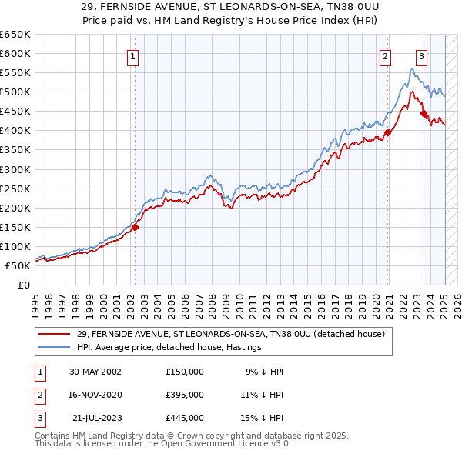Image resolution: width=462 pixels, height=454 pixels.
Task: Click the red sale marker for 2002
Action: click(136, 227)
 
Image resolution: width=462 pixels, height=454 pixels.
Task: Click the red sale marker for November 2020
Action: click(388, 132)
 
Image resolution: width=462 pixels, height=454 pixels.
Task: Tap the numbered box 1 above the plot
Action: click(133, 55)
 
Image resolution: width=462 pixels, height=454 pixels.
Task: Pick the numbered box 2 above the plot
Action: click(385, 55)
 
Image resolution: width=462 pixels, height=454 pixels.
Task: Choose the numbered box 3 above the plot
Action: click(422, 55)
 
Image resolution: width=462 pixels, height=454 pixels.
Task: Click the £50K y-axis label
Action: click(18, 265)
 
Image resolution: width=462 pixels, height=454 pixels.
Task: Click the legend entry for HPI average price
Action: click(169, 347)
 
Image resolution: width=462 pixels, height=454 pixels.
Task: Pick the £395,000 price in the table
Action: click(185, 395)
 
